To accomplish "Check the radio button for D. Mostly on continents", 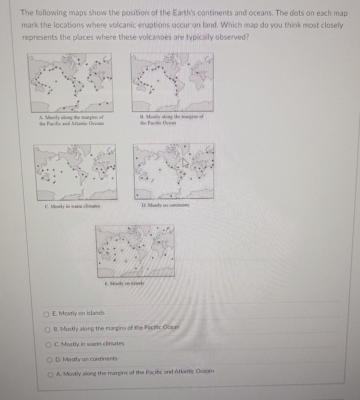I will (49, 360).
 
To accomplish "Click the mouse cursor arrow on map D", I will (185, 163).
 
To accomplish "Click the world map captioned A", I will (72, 82).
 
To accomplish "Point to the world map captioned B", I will (173, 82).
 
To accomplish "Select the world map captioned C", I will (76, 171).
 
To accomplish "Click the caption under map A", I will (71, 120).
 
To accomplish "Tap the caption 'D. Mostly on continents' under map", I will (165, 205).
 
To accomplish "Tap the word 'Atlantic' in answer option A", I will (182, 371).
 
